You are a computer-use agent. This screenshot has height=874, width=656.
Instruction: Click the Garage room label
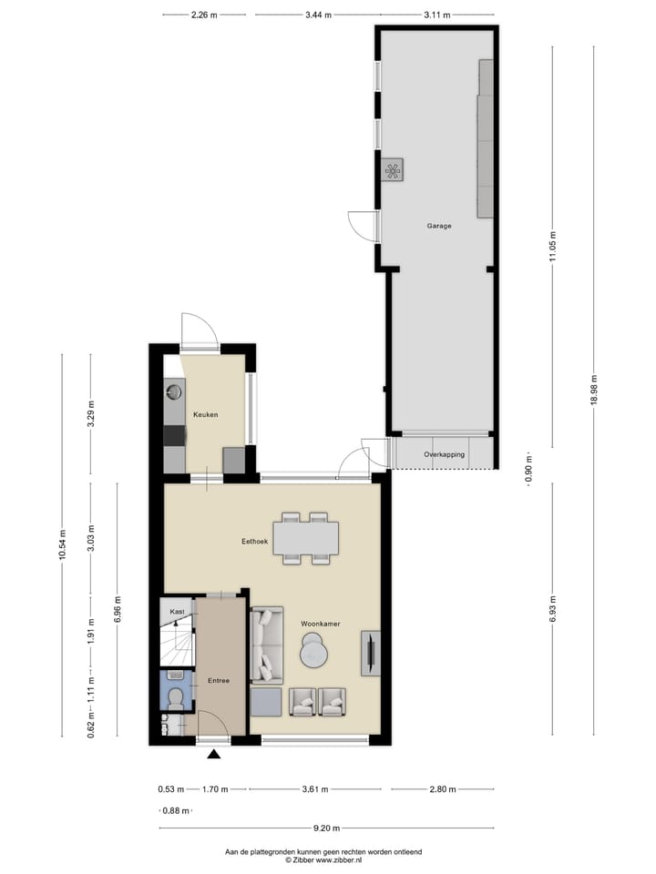point(439,226)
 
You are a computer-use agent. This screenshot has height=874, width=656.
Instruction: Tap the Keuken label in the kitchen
point(204,414)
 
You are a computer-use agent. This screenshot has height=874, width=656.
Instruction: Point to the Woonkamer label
point(320,623)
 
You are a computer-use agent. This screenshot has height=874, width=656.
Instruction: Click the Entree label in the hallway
point(219,680)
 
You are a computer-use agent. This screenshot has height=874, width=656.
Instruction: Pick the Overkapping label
point(445,453)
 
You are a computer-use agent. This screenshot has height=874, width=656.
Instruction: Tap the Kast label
point(177,612)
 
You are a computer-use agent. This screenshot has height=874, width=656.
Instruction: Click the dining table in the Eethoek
point(306,538)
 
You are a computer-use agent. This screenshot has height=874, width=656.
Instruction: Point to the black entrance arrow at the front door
point(214,754)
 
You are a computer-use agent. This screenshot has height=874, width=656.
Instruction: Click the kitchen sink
point(174,392)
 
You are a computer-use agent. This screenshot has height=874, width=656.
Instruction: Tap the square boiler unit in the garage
point(393,169)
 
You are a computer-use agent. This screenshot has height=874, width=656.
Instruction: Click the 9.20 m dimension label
point(326,828)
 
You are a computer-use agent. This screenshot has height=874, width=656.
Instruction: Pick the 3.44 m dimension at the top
point(318,15)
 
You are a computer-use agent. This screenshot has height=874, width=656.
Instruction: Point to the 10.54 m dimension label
point(63,546)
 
